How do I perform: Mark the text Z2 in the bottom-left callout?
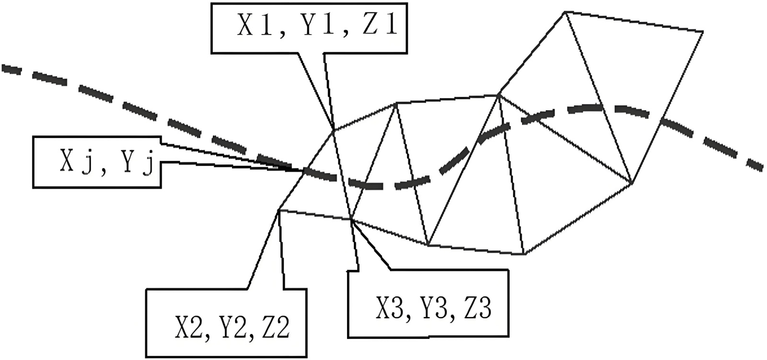[274, 327]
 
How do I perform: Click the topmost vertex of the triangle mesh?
[566, 12]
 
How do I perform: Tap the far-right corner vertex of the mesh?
[702, 32]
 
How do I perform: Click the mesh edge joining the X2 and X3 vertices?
[315, 215]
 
